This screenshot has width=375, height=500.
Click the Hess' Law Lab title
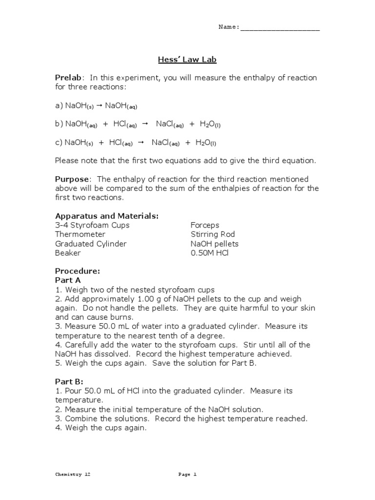(187, 60)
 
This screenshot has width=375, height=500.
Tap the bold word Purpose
(72, 180)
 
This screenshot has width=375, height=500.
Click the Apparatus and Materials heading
(106, 216)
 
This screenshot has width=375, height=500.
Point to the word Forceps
(205, 225)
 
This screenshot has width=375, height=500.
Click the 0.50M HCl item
(209, 253)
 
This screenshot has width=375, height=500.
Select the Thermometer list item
(80, 234)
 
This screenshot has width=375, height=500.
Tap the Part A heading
(68, 280)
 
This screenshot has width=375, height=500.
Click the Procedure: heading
(77, 271)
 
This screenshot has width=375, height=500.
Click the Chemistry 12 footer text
(72, 474)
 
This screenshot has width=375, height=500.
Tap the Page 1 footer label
(187, 474)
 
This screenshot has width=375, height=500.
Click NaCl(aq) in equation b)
(169, 125)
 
